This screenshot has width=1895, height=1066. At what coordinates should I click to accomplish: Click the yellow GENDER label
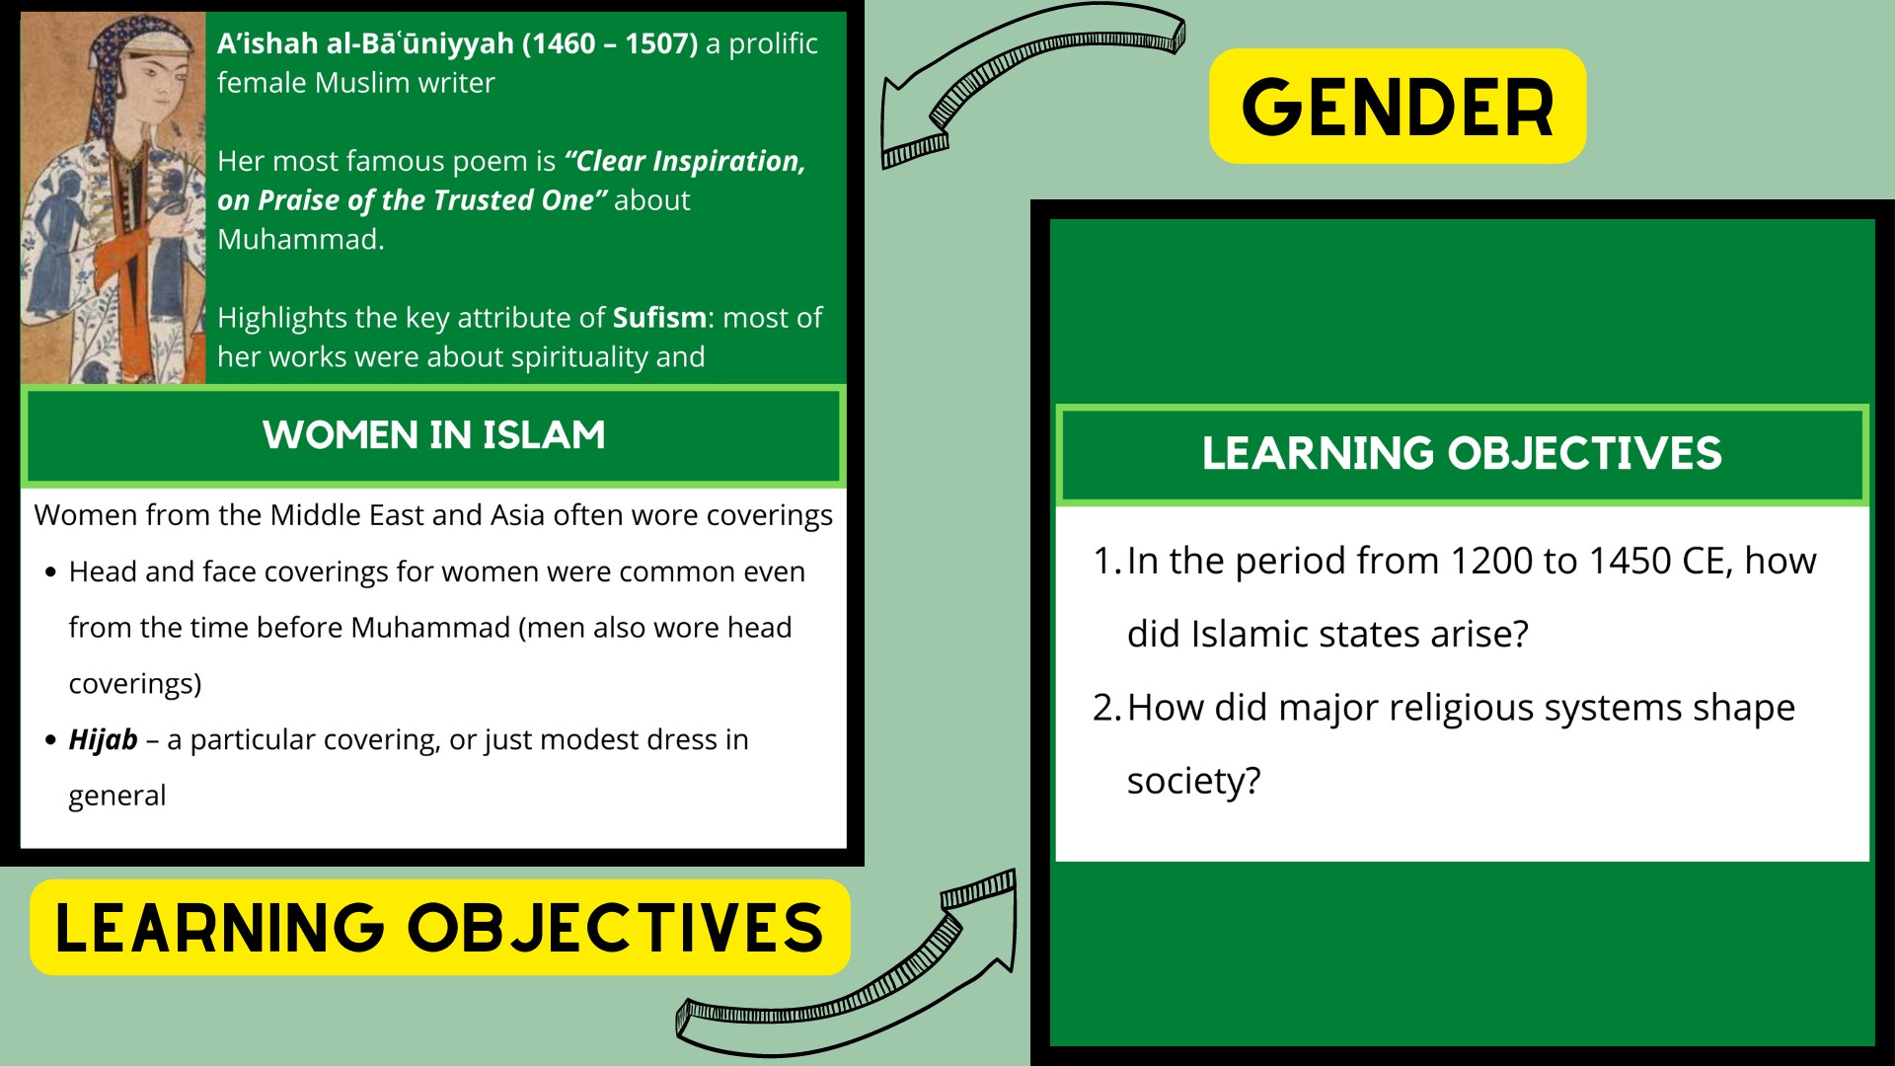tap(1397, 107)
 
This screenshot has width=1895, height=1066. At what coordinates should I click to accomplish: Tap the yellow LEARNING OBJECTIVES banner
tap(439, 928)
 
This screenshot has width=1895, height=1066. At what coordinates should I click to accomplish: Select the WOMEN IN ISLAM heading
tap(434, 435)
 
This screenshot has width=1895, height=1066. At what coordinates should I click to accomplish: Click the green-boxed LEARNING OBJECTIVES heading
tap(1461, 454)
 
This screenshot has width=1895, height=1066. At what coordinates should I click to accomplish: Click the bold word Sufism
tap(659, 318)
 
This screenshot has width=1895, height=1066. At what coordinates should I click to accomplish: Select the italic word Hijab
tap(103, 739)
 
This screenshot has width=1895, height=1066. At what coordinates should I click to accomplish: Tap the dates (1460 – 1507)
tap(610, 43)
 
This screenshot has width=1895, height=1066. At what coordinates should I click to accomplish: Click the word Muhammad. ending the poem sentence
tap(300, 239)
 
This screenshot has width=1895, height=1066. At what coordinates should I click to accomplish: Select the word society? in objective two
tap(1193, 781)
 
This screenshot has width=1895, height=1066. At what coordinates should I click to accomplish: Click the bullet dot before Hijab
tap(51, 739)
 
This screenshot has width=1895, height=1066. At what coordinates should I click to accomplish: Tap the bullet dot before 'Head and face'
tap(51, 572)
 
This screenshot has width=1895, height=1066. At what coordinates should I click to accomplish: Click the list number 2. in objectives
tap(1105, 708)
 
